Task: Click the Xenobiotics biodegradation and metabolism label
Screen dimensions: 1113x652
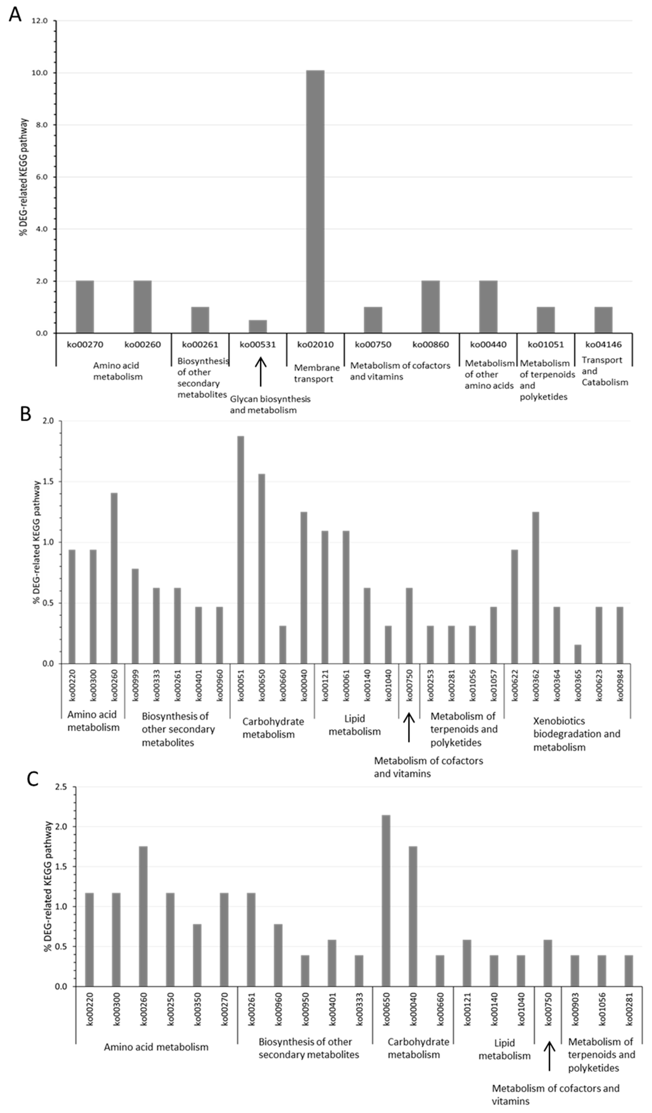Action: click(x=576, y=734)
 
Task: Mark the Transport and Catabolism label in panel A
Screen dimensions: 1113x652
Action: click(x=604, y=371)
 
